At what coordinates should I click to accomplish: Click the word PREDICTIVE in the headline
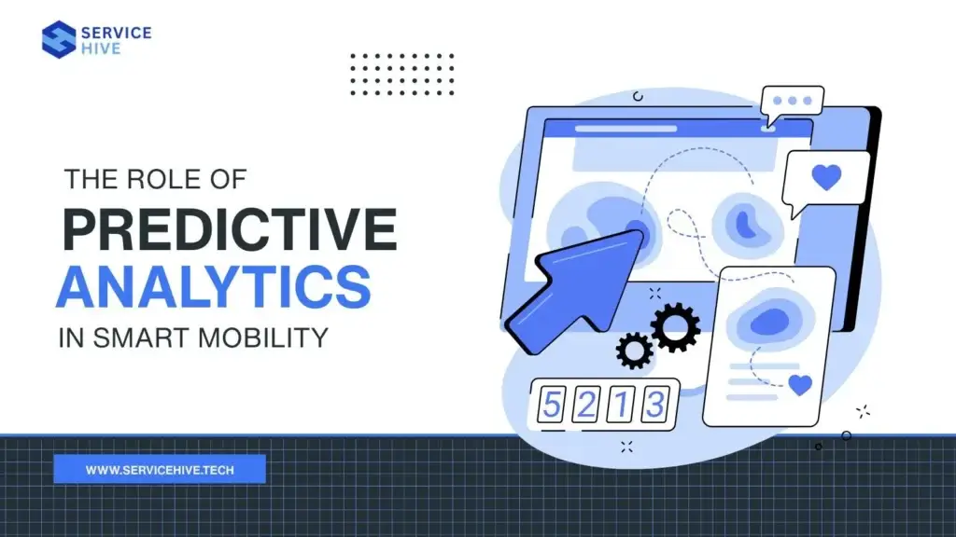[229, 229]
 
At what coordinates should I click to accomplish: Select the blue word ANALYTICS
[213, 287]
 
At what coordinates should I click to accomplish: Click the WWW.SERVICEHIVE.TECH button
[160, 469]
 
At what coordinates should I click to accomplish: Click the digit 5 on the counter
[553, 406]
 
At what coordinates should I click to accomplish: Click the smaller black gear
[635, 350]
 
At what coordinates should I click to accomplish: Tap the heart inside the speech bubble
[826, 177]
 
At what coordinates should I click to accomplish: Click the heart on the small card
[799, 384]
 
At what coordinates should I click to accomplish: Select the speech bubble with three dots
[792, 103]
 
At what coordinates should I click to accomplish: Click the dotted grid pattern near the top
[401, 74]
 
